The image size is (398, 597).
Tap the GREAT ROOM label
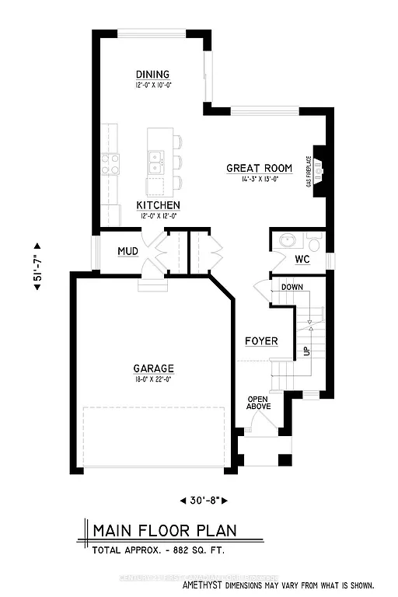(x=259, y=168)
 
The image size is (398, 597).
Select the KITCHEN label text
(x=158, y=205)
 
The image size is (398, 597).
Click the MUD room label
(x=127, y=252)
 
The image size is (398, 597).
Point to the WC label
(x=302, y=259)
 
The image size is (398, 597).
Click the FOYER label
(x=261, y=341)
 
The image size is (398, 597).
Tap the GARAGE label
(x=152, y=368)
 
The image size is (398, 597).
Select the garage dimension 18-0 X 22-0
(x=152, y=379)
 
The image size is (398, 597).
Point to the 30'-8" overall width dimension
(x=205, y=500)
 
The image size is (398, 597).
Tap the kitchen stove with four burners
(x=110, y=164)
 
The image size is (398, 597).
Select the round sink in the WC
(x=286, y=240)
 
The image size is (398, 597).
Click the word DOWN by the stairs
(x=292, y=287)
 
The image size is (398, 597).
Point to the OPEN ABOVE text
(x=257, y=403)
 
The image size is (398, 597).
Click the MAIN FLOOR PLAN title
(x=164, y=532)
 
